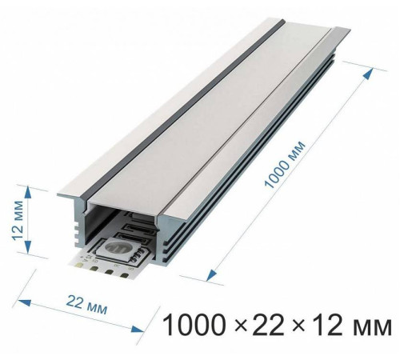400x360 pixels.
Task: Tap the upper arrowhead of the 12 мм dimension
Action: pyautogui.click(x=30, y=190)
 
